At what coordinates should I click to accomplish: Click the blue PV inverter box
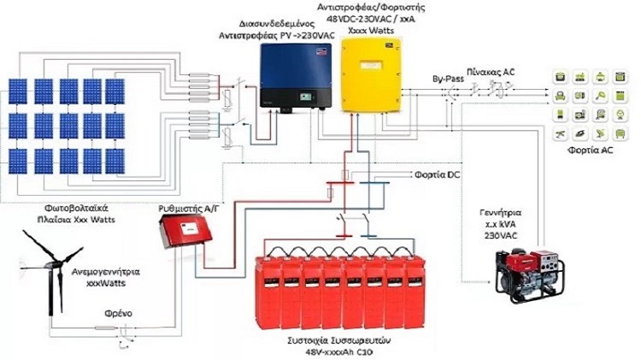tap(291, 77)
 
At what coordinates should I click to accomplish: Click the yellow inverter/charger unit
tap(373, 74)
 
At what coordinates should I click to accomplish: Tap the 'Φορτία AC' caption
tap(589, 149)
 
